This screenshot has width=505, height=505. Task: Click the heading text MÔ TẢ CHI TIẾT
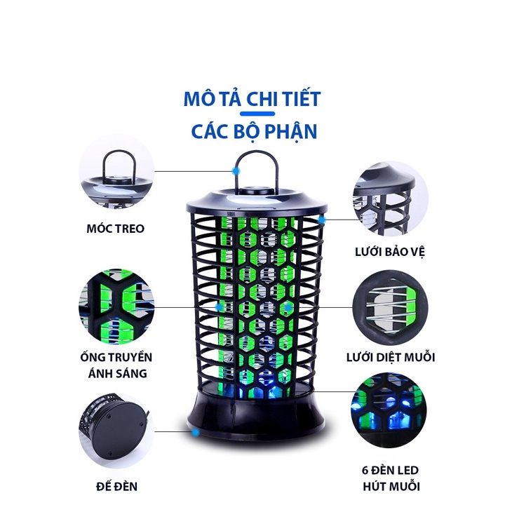[252, 98]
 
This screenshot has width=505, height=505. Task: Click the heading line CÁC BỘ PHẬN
[252, 130]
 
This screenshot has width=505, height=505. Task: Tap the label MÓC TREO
[116, 229]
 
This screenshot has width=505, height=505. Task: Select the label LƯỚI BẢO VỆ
[391, 250]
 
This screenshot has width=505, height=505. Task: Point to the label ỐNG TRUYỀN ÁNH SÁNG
[117, 365]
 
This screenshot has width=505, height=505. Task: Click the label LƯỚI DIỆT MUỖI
[391, 357]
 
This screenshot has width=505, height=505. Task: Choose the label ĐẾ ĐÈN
[116, 485]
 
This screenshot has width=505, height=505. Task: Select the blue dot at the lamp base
[194, 433]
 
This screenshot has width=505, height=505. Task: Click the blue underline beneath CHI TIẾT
[252, 114]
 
